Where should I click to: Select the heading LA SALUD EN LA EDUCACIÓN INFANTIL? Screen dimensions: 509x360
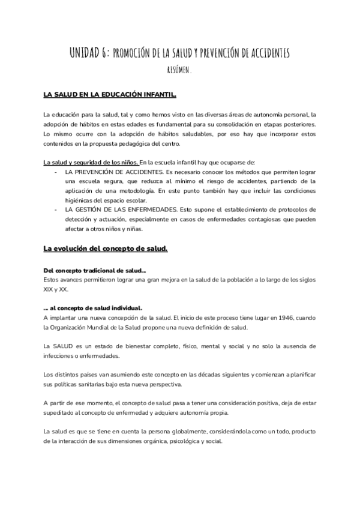(110, 95)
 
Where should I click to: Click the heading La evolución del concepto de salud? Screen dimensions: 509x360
(106, 248)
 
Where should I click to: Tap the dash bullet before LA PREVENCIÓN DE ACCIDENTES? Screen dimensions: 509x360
(55, 172)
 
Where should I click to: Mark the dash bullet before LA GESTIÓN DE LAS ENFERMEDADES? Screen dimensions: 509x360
(55, 209)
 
